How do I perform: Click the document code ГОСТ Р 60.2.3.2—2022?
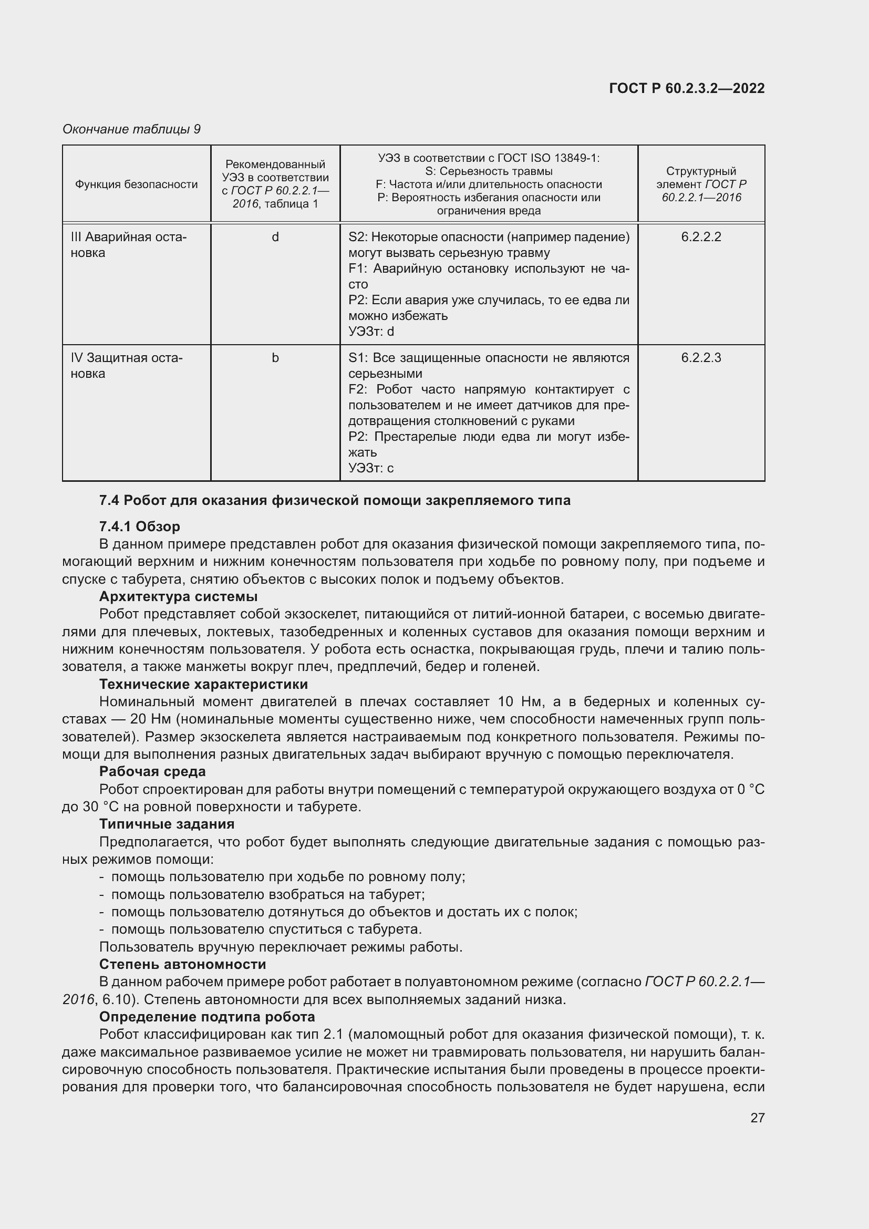pos(687,88)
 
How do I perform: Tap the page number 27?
pos(757,1118)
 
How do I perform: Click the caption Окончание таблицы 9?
pos(131,129)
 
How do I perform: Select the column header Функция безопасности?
pos(136,184)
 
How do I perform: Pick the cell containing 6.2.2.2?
pos(700,236)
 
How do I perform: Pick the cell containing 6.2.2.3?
pos(700,358)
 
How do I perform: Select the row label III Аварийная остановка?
pos(128,245)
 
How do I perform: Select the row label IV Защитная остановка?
pos(126,366)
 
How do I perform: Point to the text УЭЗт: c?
pos(371,468)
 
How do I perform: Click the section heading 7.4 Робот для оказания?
pos(335,501)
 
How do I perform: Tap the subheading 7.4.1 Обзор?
pos(139,526)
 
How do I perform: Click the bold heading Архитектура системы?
pos(178,596)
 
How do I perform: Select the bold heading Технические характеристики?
pos(203,684)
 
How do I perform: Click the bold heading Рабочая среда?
pos(152,771)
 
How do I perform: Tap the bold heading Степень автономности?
pos(182,964)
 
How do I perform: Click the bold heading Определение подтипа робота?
pos(207,1017)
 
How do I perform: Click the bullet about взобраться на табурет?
pos(267,894)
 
